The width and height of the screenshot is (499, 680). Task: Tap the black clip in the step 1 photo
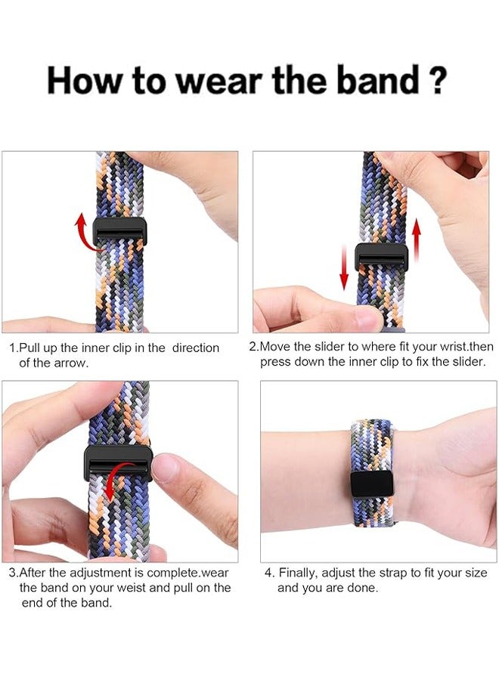click(121, 232)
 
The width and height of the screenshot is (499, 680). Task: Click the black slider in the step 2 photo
click(382, 257)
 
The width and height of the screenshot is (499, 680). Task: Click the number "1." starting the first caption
click(14, 348)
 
